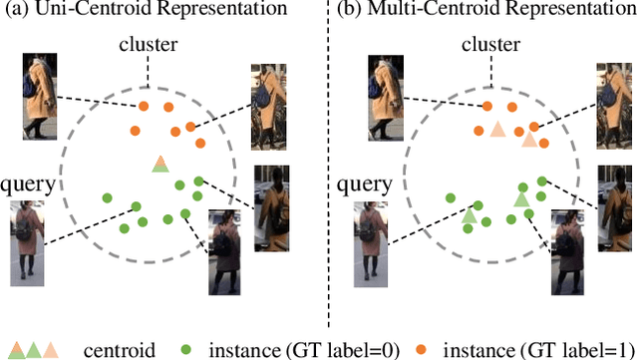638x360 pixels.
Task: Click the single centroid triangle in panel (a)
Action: (x=159, y=164)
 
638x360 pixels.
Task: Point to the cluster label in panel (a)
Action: (x=149, y=46)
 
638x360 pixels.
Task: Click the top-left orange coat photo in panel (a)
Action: (x=43, y=97)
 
